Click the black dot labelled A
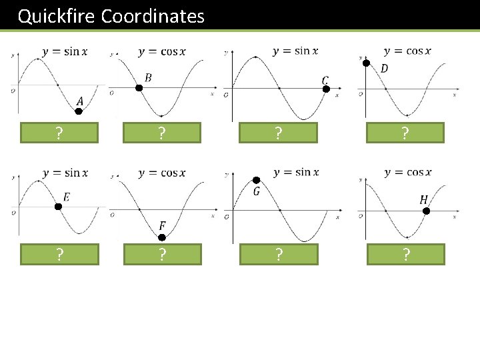78,111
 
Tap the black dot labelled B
139,88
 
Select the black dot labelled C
326,90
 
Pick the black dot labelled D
365,61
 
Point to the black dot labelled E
58,207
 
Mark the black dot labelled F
161,236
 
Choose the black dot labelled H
427,211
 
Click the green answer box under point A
59,133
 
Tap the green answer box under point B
162,133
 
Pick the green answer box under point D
405,133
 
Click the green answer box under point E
59,254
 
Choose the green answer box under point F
162,254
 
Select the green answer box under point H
405,254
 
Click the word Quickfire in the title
57,16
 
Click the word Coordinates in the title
153,16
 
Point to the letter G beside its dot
257,192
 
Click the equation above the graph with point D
407,51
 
